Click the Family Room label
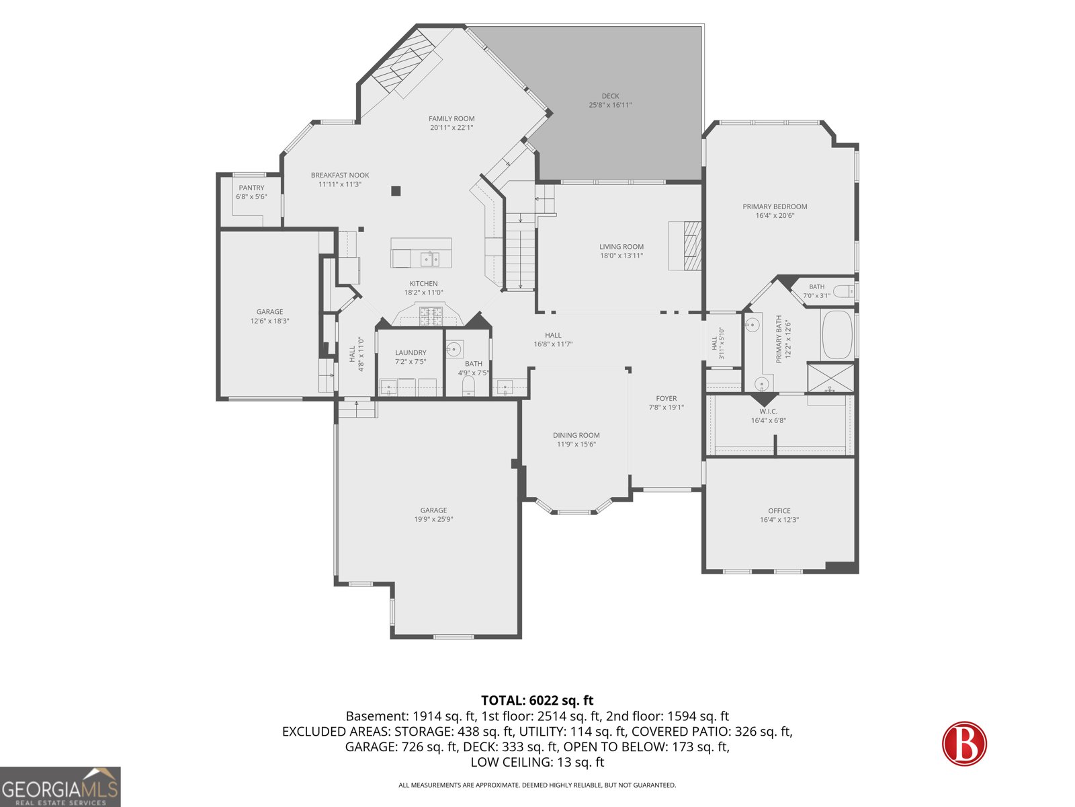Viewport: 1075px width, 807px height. point(451,118)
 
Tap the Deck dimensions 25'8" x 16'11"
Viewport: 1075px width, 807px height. point(610,105)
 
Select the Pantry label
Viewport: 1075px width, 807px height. point(251,188)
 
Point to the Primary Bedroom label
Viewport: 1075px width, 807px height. point(774,206)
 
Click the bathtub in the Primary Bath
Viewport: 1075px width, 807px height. point(837,335)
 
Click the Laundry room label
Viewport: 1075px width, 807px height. point(411,352)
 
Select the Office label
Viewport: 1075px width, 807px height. point(779,510)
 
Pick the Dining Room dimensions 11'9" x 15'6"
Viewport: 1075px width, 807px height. point(576,445)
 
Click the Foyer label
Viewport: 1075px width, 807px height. point(666,398)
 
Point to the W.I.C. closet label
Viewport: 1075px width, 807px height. point(768,412)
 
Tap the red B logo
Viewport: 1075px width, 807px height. point(964,743)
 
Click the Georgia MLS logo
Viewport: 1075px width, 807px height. point(60,786)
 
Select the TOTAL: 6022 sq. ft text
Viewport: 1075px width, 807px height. point(537,700)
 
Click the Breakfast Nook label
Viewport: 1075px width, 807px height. point(339,175)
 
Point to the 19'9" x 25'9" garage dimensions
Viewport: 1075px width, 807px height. point(433,519)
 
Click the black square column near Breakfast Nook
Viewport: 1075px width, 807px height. point(396,191)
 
